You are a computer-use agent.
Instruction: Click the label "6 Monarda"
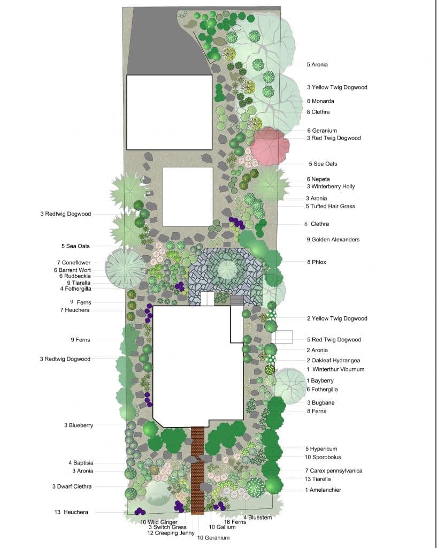tap(320, 101)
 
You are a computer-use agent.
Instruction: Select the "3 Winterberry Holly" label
tap(331, 187)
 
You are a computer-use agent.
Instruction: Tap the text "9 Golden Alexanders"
tap(333, 240)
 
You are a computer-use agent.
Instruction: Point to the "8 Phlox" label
tap(316, 262)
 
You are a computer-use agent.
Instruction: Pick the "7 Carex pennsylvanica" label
tap(333, 471)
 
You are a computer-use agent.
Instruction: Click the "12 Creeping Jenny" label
tap(165, 533)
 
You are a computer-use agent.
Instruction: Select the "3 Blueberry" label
tap(79, 426)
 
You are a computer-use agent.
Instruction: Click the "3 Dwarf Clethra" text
tap(72, 486)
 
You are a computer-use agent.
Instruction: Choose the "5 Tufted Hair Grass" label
tap(330, 207)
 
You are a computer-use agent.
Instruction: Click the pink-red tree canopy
tap(270, 146)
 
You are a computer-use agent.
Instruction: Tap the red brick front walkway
tap(197, 471)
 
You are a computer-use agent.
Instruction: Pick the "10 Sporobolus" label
tap(323, 458)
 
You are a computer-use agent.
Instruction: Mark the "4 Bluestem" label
tap(258, 517)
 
